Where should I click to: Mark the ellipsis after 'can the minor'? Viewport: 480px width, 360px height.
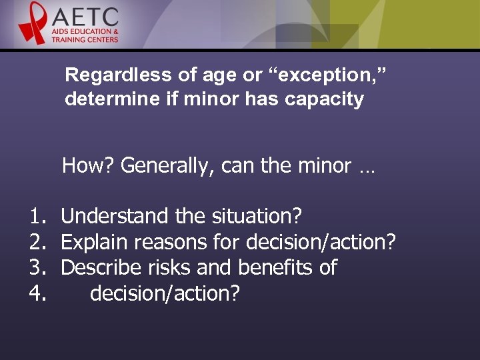click(367, 167)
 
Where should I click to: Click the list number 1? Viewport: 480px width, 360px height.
click(36, 216)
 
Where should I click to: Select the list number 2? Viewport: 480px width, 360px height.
click(36, 242)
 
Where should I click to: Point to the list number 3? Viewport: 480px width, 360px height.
click(36, 268)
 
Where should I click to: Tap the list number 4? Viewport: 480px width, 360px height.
click(36, 293)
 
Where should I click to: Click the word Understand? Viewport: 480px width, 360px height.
click(115, 216)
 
